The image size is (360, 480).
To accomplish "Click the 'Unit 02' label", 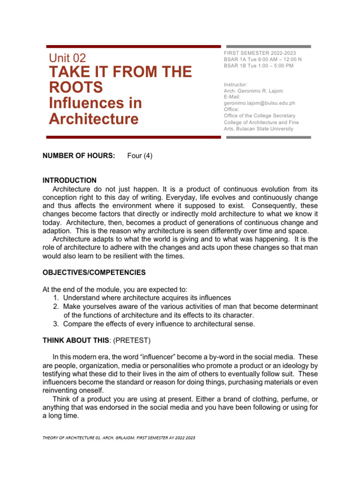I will pos(67,58).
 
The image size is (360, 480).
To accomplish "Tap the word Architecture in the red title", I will pos(93,119).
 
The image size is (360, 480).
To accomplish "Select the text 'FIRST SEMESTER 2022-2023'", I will pos(260,53).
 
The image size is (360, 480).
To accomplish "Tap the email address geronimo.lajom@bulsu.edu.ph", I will pos(260,103).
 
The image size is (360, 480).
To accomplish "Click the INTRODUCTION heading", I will pos(69,180).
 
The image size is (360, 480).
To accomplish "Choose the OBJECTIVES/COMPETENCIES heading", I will pos(94,272).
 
